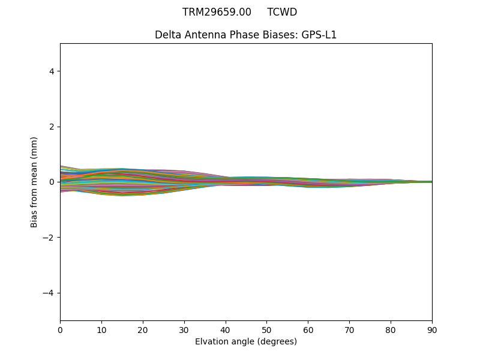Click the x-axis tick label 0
point(60,329)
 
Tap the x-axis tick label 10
point(101,329)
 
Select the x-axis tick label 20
point(143,329)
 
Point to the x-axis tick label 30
point(184,329)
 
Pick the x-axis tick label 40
point(226,329)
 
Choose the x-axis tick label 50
point(266,329)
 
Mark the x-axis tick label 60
point(308,329)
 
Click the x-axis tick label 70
point(349,329)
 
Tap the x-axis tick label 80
point(391,329)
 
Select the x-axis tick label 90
point(432,329)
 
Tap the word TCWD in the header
point(282,12)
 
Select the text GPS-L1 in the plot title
point(319,35)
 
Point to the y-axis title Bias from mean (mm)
point(34,182)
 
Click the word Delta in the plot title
point(167,35)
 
